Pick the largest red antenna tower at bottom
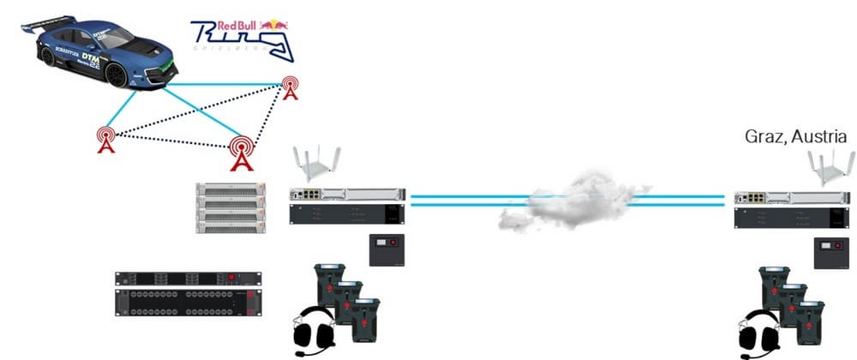click(x=242, y=152)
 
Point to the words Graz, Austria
click(x=795, y=137)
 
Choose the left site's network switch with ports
click(x=346, y=196)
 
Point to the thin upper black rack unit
click(x=183, y=279)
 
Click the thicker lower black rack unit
click(x=183, y=302)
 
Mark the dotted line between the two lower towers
click(x=171, y=141)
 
